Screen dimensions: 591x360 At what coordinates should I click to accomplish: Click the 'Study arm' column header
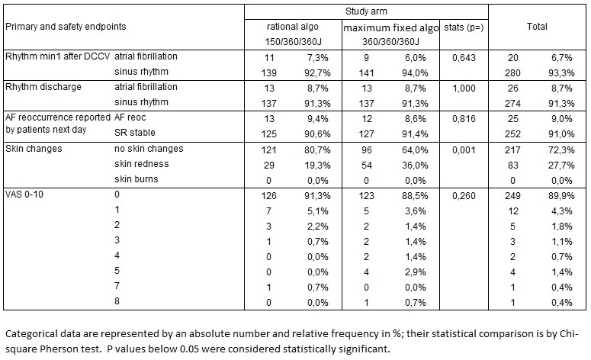366,11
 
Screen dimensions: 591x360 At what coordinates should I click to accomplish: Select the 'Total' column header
537,27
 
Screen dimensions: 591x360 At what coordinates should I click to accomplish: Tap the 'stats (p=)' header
464,27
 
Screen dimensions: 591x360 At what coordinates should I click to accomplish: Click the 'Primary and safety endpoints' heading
66,27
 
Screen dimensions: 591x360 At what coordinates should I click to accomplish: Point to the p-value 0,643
464,58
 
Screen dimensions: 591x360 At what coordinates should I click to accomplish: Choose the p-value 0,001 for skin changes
464,150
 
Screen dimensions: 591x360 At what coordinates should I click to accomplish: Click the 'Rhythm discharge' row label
43,87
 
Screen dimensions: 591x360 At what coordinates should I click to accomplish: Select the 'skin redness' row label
141,164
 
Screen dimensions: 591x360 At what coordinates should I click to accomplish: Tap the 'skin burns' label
136,178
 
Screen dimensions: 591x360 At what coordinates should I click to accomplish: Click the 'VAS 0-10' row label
24,194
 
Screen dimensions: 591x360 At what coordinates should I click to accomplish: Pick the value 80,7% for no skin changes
317,150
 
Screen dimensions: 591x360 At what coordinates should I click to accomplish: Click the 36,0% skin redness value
415,165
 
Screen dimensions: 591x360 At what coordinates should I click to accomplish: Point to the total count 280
512,72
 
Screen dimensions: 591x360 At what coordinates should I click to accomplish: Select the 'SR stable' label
134,132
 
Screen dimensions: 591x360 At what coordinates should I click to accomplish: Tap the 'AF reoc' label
130,117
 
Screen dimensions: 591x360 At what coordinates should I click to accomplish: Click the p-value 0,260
464,196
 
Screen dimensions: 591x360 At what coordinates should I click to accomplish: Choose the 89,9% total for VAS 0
561,196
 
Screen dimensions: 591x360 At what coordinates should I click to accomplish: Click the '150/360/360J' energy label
293,41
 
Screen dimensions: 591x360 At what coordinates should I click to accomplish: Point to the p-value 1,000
464,88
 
